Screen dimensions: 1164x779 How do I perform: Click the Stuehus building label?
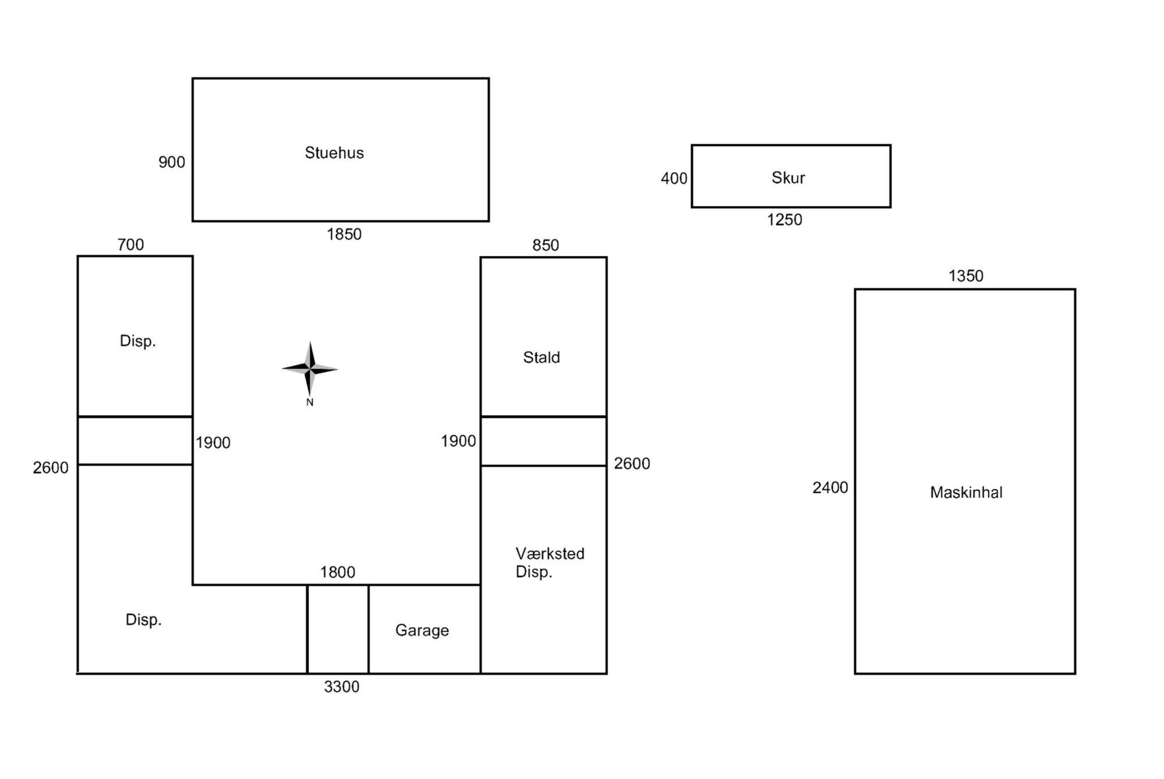[334, 153]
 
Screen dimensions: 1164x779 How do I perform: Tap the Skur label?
[788, 178]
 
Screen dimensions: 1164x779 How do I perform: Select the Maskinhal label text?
[966, 493]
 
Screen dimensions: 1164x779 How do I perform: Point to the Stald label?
[541, 357]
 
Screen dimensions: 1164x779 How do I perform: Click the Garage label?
[422, 631]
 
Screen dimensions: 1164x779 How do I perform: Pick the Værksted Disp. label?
[550, 562]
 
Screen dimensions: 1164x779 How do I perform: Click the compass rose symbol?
[310, 369]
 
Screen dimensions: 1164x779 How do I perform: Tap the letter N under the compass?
[310, 402]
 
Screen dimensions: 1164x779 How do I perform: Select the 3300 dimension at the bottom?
[342, 687]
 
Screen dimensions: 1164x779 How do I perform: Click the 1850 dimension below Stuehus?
[344, 234]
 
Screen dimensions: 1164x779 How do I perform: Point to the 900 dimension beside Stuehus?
[172, 162]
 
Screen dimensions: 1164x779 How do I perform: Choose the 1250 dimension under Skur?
[785, 220]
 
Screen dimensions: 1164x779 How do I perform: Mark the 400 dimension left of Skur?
[674, 179]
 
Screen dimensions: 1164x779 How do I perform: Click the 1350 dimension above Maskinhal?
[966, 276]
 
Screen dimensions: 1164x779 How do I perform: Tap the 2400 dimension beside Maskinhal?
[831, 488]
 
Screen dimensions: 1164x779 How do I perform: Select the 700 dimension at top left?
[130, 245]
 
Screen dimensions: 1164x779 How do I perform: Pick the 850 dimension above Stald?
[545, 245]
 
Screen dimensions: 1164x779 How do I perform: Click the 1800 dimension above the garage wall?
[338, 572]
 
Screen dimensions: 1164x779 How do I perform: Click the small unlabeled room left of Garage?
[338, 629]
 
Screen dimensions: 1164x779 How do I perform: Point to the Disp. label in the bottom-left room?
[144, 619]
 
